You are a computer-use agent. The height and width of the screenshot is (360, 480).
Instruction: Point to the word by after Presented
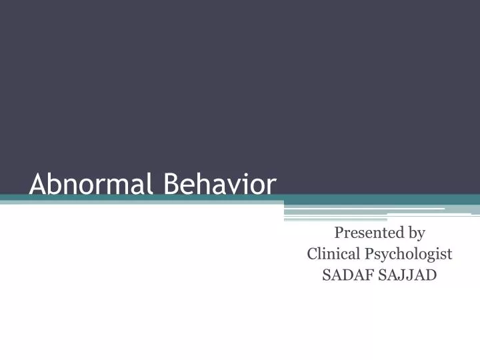(417, 233)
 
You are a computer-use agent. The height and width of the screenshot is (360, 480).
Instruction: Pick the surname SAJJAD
(409, 275)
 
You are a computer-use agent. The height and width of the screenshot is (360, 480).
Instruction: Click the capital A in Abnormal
(37, 184)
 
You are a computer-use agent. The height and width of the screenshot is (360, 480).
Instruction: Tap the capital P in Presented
(339, 233)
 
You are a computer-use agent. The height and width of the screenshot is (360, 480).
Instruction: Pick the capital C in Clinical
(312, 254)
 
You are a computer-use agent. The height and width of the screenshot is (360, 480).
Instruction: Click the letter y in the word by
(421, 235)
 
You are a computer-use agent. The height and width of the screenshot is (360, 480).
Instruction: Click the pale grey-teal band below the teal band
(133, 203)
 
